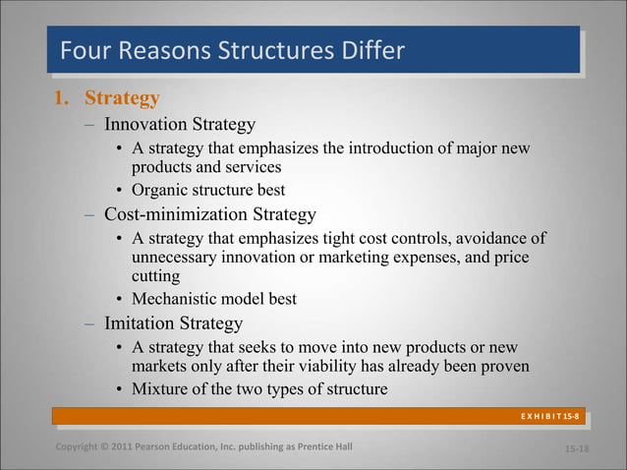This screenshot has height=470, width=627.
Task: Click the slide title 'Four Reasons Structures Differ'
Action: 232,50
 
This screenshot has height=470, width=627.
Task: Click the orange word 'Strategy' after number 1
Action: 122,99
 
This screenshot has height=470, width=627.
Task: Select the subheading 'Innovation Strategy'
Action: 180,125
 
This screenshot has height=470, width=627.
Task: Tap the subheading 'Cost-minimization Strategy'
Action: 210,213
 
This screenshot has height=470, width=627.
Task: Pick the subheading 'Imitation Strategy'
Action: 173,323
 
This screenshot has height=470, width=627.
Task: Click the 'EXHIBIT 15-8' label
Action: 549,418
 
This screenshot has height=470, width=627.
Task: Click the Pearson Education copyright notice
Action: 203,449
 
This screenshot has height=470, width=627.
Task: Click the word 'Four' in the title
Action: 84,50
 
